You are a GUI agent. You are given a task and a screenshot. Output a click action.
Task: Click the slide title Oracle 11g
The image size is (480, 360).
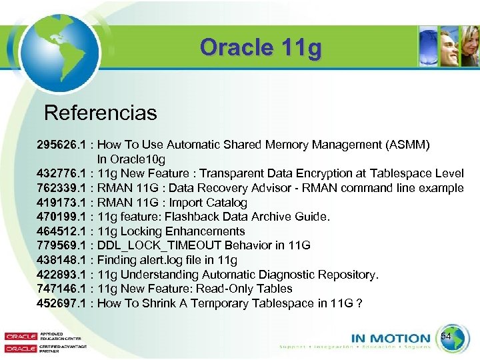[260, 47]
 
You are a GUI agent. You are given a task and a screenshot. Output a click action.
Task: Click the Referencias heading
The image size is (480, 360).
[100, 113]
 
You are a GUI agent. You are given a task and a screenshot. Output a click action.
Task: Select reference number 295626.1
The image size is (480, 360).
[61, 145]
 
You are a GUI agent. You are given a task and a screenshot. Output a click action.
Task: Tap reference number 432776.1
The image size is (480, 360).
[61, 173]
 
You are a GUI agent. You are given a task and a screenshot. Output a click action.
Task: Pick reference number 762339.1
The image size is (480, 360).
[61, 188]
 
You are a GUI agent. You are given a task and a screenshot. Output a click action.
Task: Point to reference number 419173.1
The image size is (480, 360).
[61, 203]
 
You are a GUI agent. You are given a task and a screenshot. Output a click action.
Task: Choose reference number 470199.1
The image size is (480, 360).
[61, 217]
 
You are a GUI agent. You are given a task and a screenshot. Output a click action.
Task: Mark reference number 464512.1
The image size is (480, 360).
[61, 231]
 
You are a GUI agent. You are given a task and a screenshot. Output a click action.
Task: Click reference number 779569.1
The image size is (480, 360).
[61, 245]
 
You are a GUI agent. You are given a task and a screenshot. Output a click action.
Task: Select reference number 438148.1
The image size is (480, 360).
[61, 260]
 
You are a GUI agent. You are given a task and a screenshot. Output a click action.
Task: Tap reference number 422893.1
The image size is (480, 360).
[61, 275]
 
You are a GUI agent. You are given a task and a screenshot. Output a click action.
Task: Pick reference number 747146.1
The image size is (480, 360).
[61, 289]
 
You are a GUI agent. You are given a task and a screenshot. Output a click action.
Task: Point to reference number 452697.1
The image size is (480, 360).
[61, 303]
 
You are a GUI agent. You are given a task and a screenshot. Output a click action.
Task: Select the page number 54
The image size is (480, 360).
[446, 337]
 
